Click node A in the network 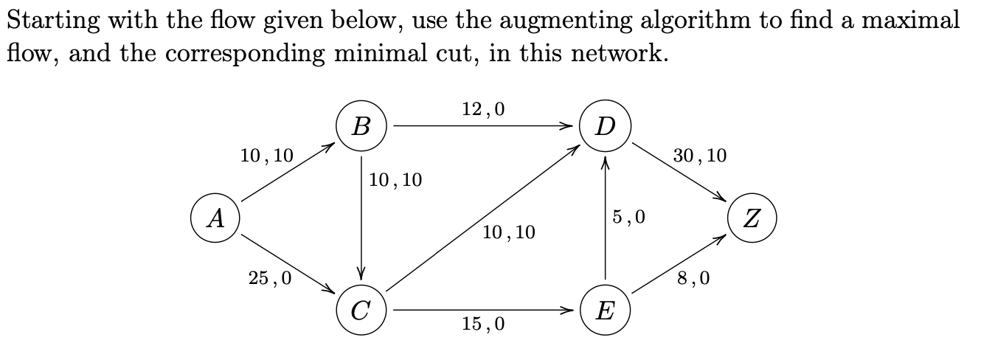(x=215, y=218)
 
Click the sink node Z (x=752, y=218)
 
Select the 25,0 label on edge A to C (x=270, y=278)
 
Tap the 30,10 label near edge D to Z (x=700, y=156)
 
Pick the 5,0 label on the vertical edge (x=628, y=217)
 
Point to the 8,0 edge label (x=694, y=278)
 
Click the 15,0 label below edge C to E (x=483, y=324)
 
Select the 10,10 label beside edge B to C (x=395, y=180)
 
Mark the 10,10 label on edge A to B (x=266, y=156)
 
